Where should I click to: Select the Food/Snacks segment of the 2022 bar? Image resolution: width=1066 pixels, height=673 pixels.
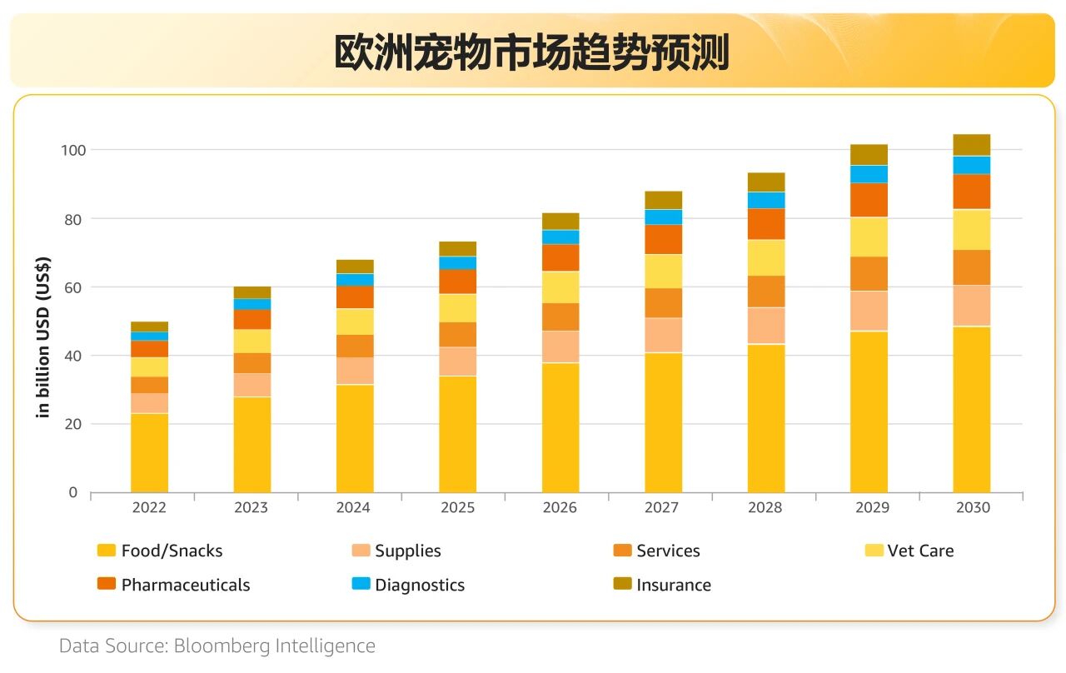[149, 452]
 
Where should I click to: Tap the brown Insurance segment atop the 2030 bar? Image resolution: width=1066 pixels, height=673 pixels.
[971, 145]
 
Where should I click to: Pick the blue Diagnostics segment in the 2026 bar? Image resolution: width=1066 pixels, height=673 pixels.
[560, 237]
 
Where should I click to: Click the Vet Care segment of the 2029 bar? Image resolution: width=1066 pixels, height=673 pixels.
[869, 237]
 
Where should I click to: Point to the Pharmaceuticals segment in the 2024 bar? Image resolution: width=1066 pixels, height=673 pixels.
[355, 297]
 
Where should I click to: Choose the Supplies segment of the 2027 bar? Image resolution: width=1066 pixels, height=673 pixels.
[663, 335]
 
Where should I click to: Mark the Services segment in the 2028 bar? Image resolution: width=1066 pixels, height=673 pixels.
[766, 292]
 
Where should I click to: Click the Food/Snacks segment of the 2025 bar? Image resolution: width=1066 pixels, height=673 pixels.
[457, 434]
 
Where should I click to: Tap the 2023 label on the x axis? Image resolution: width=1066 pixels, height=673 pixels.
[252, 507]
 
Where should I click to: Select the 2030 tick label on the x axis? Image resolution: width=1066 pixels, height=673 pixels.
[971, 507]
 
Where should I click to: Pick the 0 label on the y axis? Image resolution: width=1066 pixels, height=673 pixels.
[72, 492]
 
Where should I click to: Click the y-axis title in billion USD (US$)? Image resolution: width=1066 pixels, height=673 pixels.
[44, 338]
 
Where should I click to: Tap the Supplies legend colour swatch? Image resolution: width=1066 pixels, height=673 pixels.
[361, 551]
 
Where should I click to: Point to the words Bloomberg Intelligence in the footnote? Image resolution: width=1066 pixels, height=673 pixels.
[275, 646]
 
